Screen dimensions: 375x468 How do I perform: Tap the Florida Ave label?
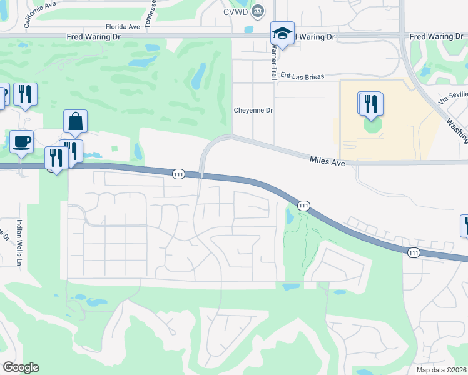tap(122, 27)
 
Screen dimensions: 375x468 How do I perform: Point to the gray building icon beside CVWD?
tap(257, 11)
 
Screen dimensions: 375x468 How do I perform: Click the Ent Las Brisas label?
tap(303, 75)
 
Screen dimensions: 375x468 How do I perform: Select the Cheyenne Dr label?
tap(253, 110)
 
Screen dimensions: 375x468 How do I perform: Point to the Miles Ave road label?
tap(328, 161)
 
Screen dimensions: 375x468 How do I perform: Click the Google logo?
tap(20, 367)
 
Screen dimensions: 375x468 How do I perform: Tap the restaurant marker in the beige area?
tap(371, 104)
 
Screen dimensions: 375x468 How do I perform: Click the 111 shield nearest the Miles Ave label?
tap(303, 205)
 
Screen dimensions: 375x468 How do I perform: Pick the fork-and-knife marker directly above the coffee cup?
tap(25, 94)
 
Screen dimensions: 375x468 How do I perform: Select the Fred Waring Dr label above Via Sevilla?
tap(436, 37)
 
